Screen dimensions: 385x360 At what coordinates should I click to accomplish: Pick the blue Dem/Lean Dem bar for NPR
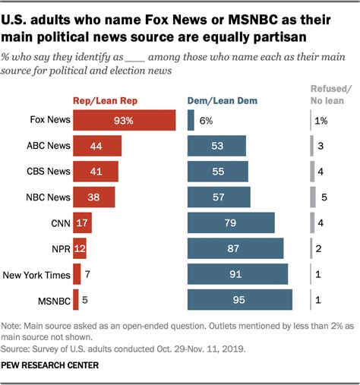(235, 248)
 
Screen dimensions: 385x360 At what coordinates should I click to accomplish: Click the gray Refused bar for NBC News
(313, 197)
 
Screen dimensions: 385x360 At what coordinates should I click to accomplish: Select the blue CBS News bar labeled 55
(218, 172)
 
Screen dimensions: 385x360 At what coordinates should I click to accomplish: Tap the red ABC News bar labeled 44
(96, 146)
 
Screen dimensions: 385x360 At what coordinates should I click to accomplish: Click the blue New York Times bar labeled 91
(238, 274)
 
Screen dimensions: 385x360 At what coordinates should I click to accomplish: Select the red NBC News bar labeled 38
(94, 197)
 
